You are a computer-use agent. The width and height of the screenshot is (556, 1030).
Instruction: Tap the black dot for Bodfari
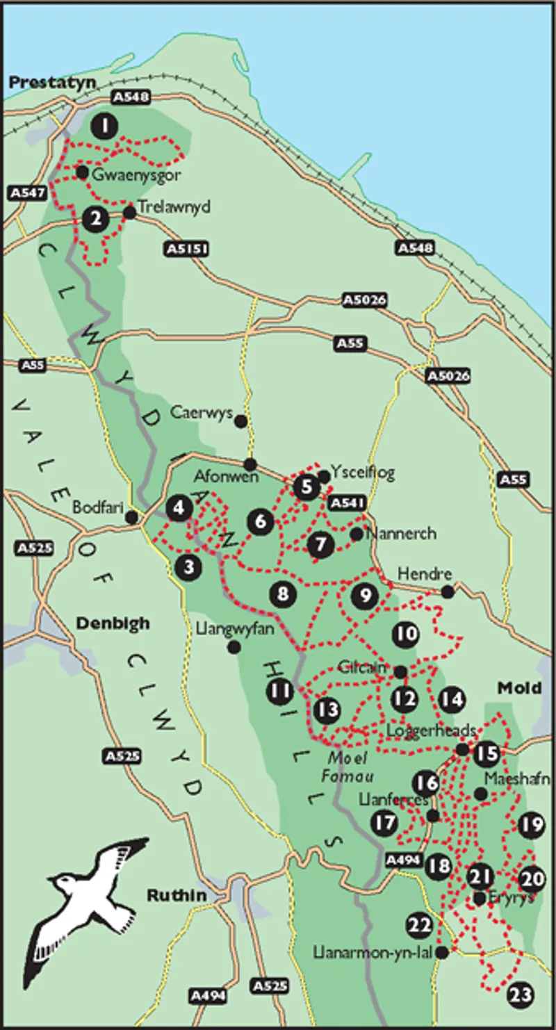131,517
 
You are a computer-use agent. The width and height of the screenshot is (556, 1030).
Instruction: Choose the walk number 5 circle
305,487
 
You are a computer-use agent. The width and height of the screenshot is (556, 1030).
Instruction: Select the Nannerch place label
400,534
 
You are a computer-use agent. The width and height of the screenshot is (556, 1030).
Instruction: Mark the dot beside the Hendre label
448,591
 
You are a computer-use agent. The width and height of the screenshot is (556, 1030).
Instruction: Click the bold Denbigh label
113,623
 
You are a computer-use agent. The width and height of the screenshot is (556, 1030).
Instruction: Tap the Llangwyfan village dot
234,647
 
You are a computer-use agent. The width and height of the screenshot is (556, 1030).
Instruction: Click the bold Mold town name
519,687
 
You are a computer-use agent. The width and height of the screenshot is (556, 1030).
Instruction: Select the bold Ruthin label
177,895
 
